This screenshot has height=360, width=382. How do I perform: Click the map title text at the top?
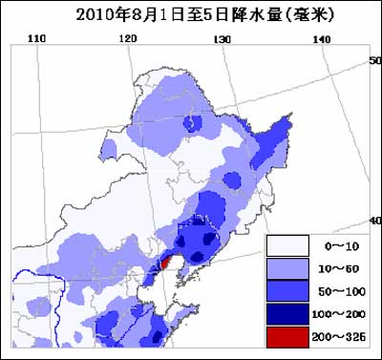tap(191, 14)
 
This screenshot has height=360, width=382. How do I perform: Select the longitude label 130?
tap(222, 39)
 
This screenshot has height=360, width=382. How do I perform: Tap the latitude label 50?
tap(374, 60)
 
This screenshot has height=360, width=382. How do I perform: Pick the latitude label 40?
tap(374, 221)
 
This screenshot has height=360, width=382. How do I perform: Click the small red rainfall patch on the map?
tap(164, 261)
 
